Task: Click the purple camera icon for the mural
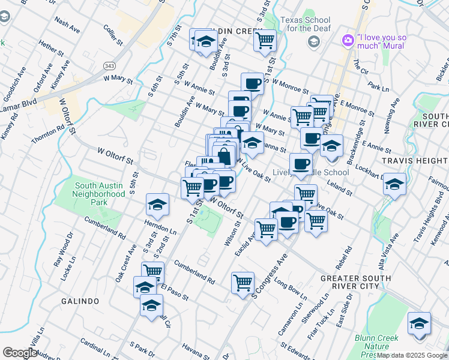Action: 348,40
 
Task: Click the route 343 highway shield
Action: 109,65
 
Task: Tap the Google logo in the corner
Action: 20,353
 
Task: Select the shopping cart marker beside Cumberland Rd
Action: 243,281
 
